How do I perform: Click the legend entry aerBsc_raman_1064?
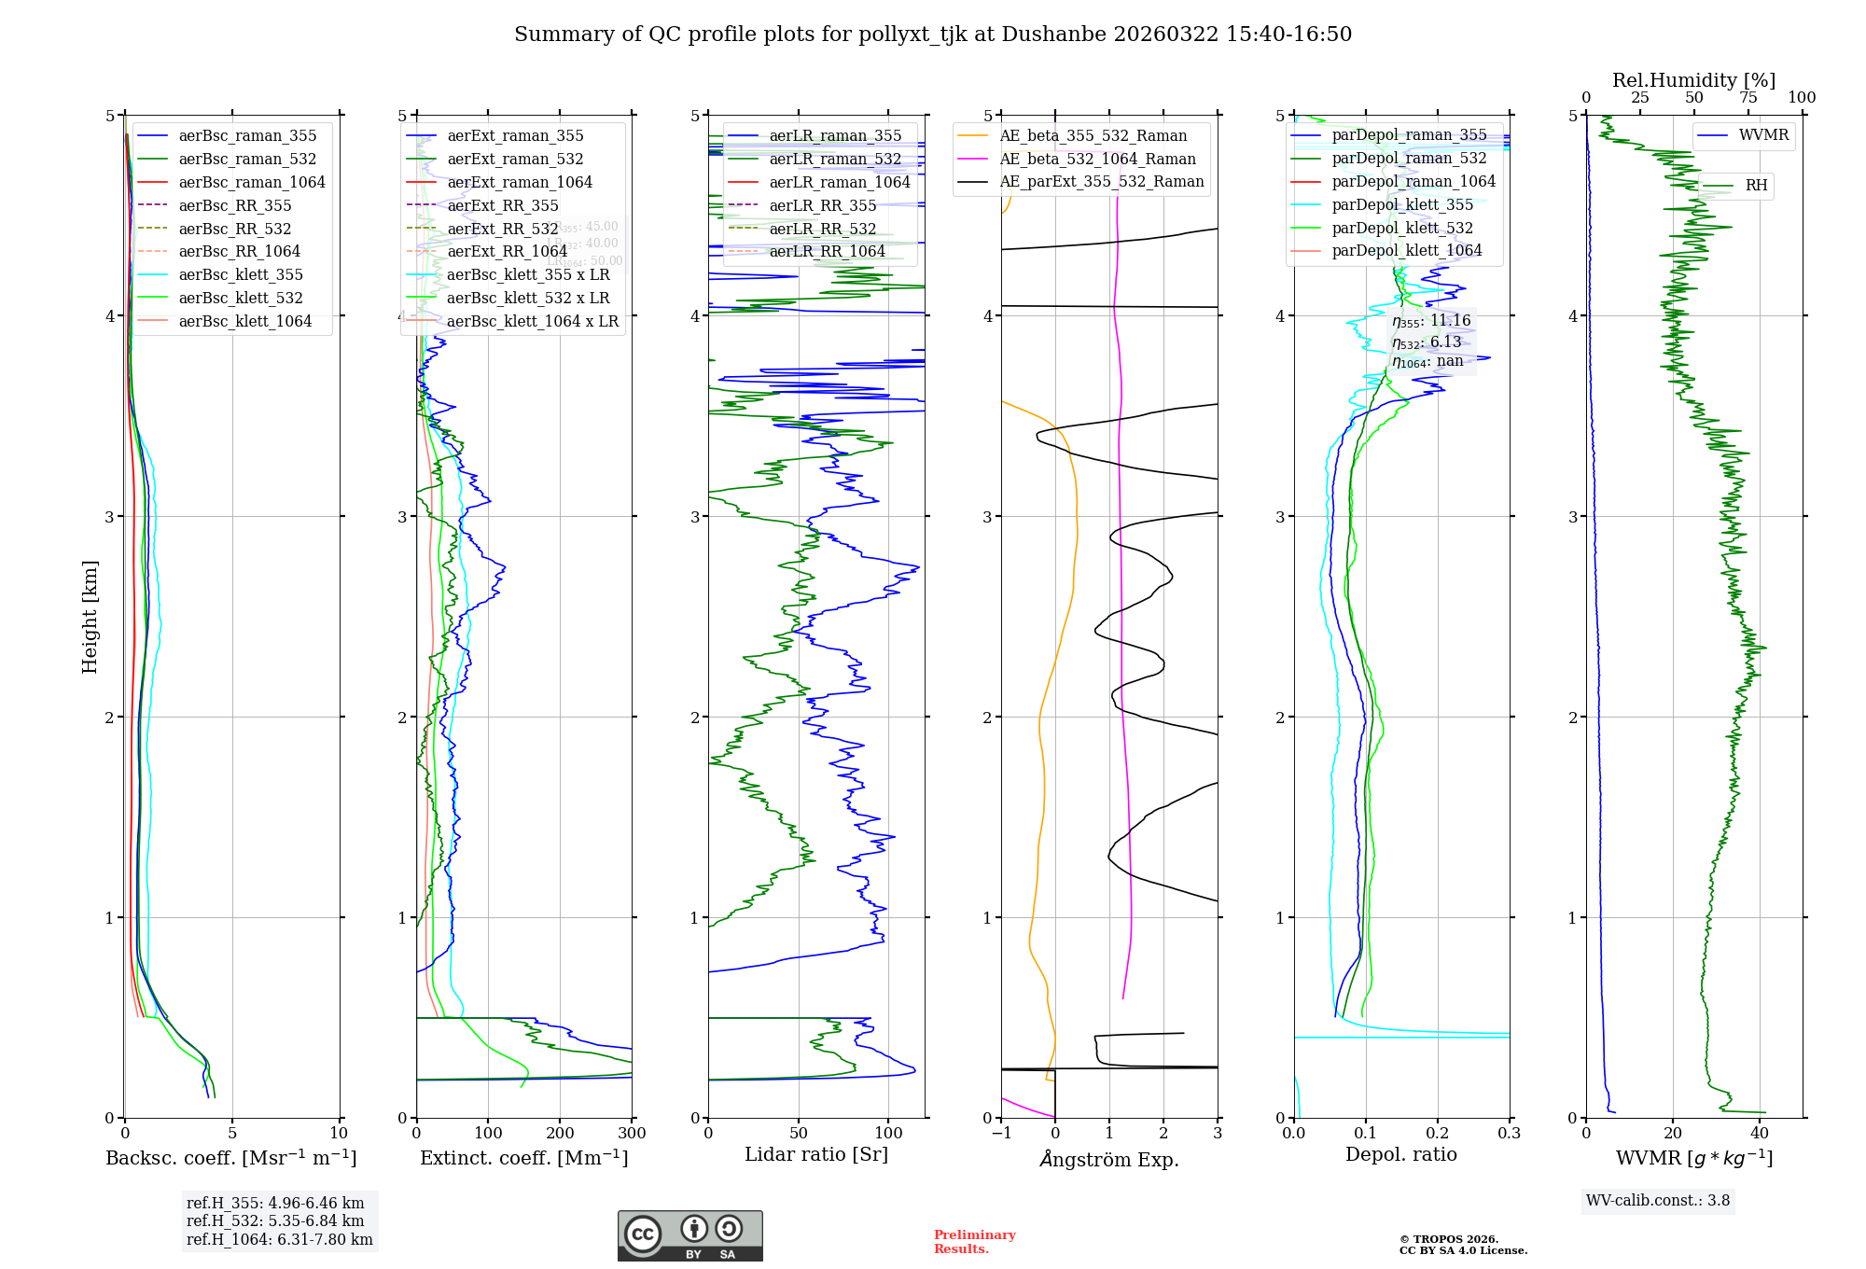click(x=252, y=182)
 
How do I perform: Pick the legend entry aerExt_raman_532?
click(x=515, y=159)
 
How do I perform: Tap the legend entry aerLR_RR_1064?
click(x=827, y=251)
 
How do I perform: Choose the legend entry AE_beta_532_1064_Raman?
click(x=1097, y=159)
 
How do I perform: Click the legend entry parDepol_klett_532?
click(x=1402, y=228)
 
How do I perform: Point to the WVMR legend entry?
click(x=1763, y=135)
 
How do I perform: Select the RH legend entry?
click(x=1756, y=186)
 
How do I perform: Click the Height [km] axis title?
click(x=90, y=617)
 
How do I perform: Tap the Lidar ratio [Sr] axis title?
click(x=816, y=1154)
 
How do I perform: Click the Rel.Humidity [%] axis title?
click(x=1693, y=80)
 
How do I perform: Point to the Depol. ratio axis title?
click(x=1400, y=1154)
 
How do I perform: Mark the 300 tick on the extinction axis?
click(x=632, y=1134)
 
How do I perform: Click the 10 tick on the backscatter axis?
click(x=339, y=1134)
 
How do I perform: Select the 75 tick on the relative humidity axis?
click(x=1748, y=98)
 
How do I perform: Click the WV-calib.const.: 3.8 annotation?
click(x=1658, y=1201)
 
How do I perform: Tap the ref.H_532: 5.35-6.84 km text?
click(x=275, y=1221)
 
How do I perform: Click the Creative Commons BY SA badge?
click(x=689, y=1235)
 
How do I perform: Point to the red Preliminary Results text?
click(x=974, y=1242)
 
